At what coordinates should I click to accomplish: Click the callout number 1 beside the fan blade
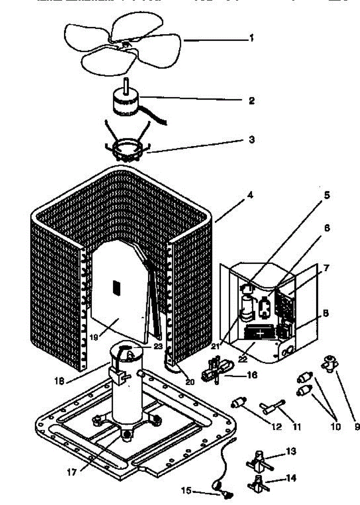[251, 38]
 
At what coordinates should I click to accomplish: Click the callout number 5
[327, 195]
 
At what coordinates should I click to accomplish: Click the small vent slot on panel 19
[116, 287]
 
